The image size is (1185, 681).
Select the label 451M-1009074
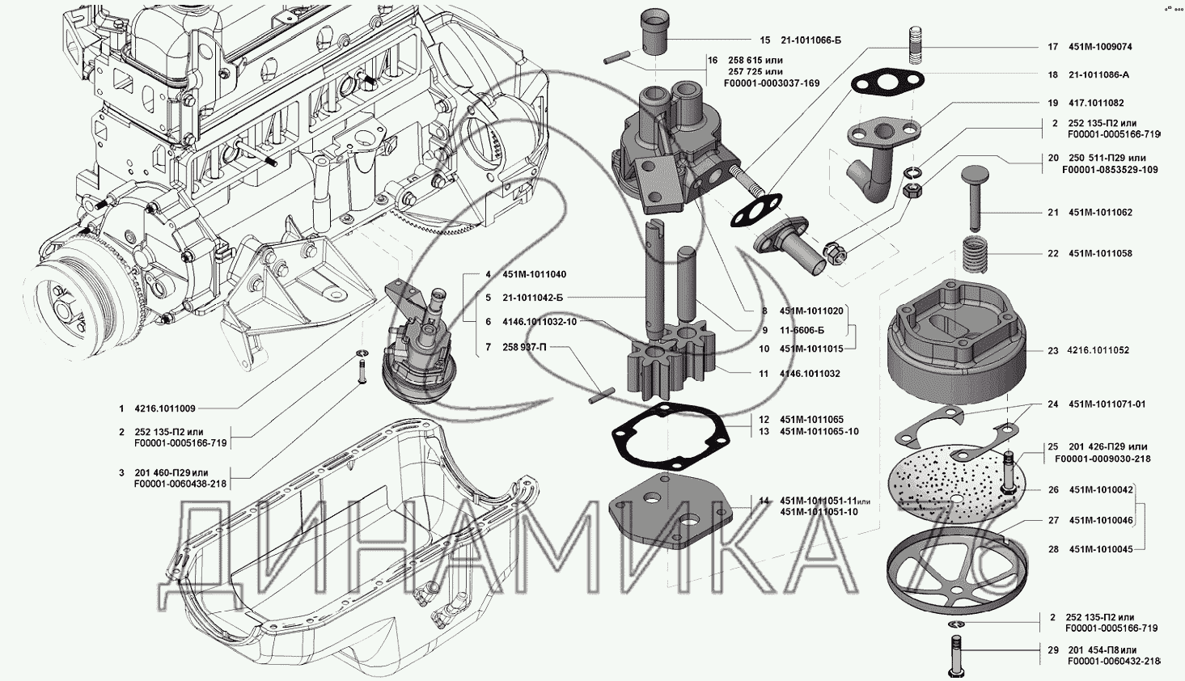tap(1100, 47)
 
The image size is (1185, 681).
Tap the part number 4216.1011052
tap(1098, 351)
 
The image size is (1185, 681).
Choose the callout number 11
tap(764, 374)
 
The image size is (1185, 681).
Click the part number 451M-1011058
tap(1100, 254)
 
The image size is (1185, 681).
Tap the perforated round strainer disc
tap(954, 484)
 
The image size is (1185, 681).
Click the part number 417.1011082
tap(1096, 104)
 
